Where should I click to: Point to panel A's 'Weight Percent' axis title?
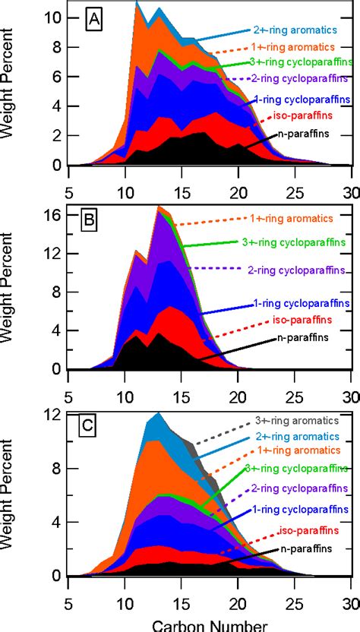click(x=11, y=84)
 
